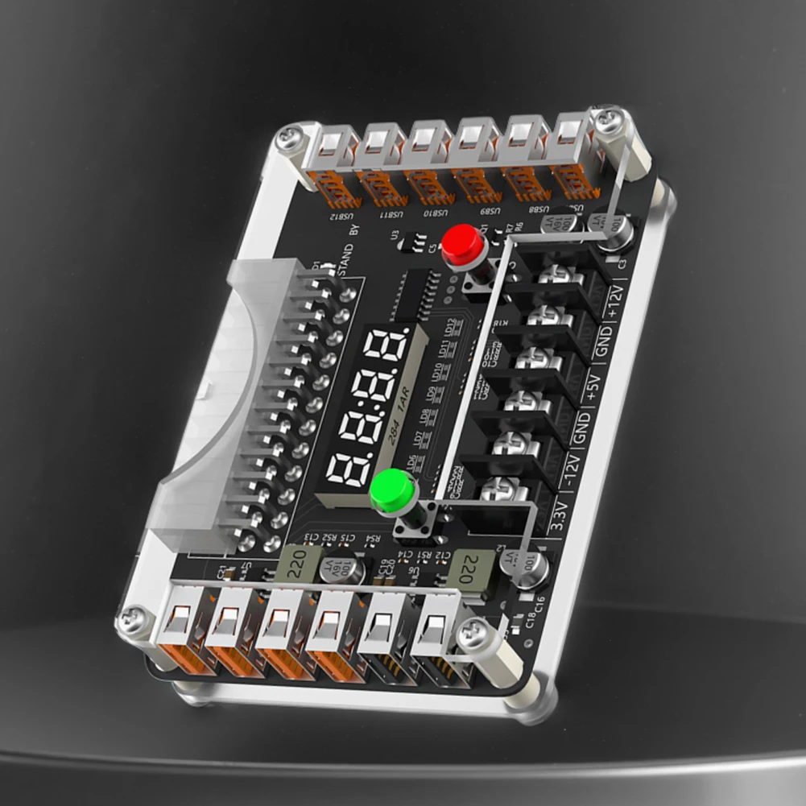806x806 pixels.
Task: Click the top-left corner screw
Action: [288, 139]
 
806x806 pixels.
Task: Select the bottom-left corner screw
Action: [130, 621]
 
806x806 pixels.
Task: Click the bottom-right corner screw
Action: [471, 635]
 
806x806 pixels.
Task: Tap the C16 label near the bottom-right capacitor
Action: [539, 603]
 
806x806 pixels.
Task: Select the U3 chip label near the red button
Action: [395, 235]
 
